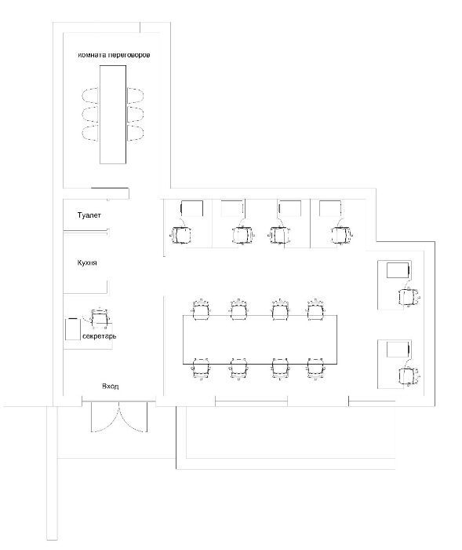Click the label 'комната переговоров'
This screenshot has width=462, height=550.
tap(114, 55)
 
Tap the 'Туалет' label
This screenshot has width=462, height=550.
tap(89, 215)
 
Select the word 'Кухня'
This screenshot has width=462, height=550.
tap(87, 262)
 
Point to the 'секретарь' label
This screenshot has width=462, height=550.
tap(100, 336)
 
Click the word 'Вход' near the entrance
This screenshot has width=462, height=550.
tap(110, 387)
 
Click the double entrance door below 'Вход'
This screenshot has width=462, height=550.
tap(119, 416)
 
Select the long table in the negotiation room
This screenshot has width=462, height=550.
tap(113, 115)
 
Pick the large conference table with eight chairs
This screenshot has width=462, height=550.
tap(260, 339)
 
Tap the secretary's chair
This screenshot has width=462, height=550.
tap(100, 317)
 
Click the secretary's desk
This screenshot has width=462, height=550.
tap(72, 328)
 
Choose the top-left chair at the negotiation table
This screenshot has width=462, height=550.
tap(90, 95)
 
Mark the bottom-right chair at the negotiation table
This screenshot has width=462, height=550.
tap(135, 133)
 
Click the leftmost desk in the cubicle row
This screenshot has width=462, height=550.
tap(191, 208)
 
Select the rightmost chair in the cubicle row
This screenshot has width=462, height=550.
tap(341, 235)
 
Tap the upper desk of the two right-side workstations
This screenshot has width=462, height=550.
tap(398, 269)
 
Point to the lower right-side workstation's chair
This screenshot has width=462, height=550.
tap(409, 376)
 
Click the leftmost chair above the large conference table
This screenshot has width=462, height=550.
tap(201, 310)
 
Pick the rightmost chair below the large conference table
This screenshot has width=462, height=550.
tap(316, 369)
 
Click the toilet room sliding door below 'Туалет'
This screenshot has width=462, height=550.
tap(86, 231)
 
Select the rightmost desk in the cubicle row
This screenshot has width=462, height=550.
tap(330, 208)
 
